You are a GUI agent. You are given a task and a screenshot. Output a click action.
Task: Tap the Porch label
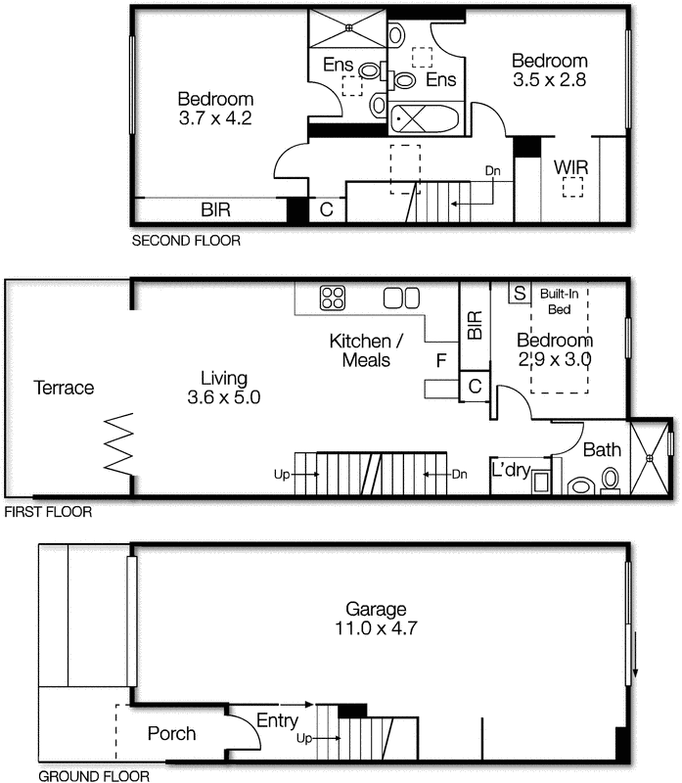[x=171, y=733]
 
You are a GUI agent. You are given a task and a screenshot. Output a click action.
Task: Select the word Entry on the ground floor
[x=278, y=720]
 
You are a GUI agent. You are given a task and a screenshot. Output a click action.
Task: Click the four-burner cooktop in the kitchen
[x=333, y=297]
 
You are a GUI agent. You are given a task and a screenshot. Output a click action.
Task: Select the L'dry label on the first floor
[x=511, y=471]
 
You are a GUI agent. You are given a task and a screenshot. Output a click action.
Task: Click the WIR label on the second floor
[x=570, y=167]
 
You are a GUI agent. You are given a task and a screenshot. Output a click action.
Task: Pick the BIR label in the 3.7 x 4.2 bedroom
[x=216, y=209]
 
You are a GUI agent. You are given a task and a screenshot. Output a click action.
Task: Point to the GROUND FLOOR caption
[x=93, y=777]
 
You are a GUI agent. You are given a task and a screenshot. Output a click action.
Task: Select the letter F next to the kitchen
[x=441, y=361]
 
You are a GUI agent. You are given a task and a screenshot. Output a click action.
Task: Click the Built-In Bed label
[x=560, y=300]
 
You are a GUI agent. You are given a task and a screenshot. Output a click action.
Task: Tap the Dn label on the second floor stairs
[x=494, y=170]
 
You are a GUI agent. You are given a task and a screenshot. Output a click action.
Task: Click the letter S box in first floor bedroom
[x=519, y=293]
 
